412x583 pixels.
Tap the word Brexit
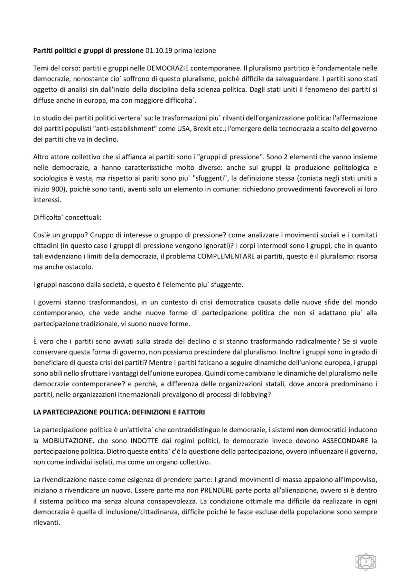pyautogui.click(x=203, y=128)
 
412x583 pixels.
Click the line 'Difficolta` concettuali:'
pyautogui.click(x=67, y=217)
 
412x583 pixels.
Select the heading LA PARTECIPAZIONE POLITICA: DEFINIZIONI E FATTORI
pyautogui.click(x=119, y=412)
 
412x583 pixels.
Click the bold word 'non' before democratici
pyautogui.click(x=302, y=429)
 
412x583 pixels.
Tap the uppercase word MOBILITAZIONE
pyautogui.click(x=69, y=440)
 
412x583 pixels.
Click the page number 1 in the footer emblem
pyautogui.click(x=366, y=561)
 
